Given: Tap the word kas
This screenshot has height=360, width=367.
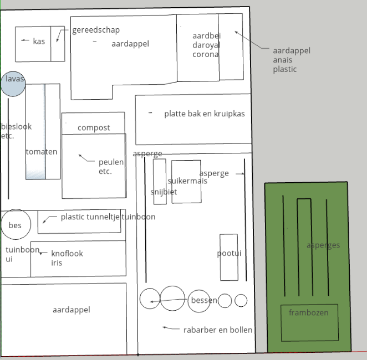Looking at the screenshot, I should click(x=39, y=42).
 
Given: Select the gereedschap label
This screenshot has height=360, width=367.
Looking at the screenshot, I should click(x=96, y=30).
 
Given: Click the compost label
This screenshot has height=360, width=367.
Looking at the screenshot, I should click(x=94, y=128).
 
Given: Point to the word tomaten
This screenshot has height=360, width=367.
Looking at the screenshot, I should click(x=42, y=152).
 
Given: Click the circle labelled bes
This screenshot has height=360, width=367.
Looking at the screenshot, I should click(x=16, y=225).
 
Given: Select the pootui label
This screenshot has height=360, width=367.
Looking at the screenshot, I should click(x=229, y=254).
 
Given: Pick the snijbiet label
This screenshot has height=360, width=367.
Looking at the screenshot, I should click(x=164, y=192).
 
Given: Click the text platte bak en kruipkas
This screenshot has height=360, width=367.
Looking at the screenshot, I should click(x=205, y=114).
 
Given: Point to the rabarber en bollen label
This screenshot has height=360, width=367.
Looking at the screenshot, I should click(x=218, y=330).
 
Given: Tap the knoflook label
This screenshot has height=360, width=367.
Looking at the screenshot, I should click(x=67, y=254).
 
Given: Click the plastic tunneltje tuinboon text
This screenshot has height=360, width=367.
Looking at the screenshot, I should click(x=108, y=217).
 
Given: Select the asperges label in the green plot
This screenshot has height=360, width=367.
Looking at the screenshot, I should click(x=323, y=245).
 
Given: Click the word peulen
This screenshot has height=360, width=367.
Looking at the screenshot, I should click(x=111, y=162).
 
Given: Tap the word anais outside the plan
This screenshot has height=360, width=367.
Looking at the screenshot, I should click(x=283, y=60).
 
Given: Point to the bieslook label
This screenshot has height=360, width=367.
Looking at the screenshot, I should click(x=17, y=127).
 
